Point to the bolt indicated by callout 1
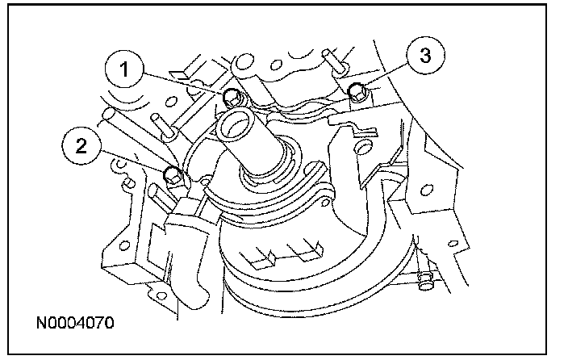click(x=231, y=98)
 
